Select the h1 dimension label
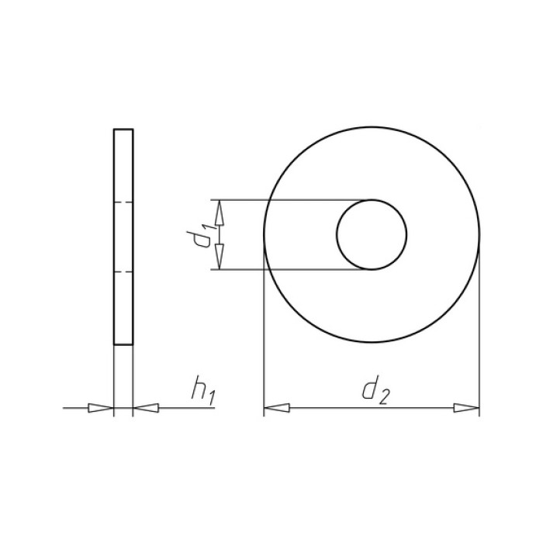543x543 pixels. point(203,390)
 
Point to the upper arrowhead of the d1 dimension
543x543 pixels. point(220,213)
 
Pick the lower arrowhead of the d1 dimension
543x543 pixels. point(220,256)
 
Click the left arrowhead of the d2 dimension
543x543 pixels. point(277,408)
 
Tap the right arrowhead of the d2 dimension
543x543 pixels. point(466,408)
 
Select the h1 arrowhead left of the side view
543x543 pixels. point(101,408)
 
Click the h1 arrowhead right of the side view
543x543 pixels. point(146,408)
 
